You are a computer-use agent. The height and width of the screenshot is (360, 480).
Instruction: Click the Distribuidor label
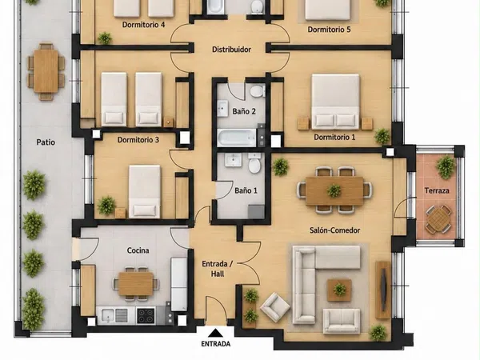(x=231, y=50)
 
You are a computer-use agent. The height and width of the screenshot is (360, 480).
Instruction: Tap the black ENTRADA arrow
(x=216, y=333)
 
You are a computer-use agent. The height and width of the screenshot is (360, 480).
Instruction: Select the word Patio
(x=46, y=142)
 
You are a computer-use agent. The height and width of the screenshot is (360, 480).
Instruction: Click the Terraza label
(x=437, y=190)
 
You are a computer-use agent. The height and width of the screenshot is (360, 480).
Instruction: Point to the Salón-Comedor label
(x=334, y=230)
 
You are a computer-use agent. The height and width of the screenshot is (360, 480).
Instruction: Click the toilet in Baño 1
(x=254, y=163)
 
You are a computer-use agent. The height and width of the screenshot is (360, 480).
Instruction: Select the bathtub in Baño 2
(x=236, y=138)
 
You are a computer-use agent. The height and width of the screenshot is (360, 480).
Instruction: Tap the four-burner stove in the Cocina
(x=146, y=316)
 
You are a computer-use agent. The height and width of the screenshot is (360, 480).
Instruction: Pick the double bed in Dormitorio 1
(x=335, y=101)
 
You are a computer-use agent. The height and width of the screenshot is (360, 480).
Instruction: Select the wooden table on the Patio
(x=46, y=71)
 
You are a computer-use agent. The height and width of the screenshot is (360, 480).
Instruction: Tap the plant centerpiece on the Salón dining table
(x=334, y=190)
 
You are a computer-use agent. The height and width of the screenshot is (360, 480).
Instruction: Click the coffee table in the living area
(x=339, y=290)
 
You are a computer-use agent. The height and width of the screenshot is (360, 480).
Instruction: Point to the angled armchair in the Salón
(x=275, y=307)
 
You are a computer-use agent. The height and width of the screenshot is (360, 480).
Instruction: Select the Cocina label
(x=138, y=250)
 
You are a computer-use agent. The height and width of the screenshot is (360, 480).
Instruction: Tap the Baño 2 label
(x=244, y=111)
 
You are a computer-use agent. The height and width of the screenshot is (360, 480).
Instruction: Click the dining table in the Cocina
(x=136, y=284)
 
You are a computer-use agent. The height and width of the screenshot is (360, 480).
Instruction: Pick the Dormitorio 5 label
(x=329, y=30)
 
